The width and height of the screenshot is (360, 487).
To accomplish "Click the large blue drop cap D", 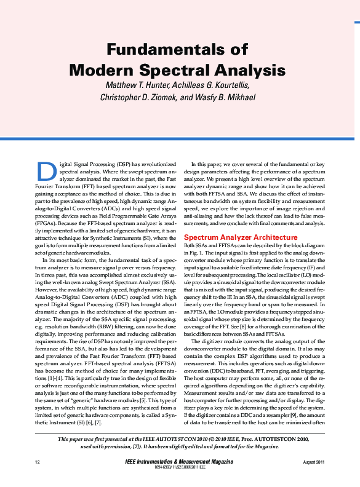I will tap(47, 171).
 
